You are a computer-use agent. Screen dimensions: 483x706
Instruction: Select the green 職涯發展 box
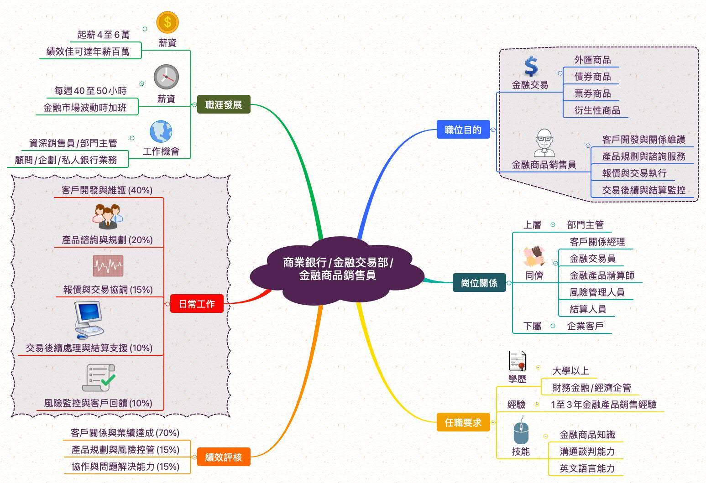(224, 105)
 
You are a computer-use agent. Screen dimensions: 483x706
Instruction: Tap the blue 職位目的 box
(463, 130)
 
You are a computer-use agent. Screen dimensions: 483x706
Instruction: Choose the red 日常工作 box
(197, 304)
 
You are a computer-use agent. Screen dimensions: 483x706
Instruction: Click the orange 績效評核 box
(224, 457)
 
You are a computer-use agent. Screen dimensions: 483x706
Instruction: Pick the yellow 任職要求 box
(463, 423)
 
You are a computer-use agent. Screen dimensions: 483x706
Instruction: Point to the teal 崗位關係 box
(479, 283)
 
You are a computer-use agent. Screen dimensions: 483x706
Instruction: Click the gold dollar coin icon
(167, 22)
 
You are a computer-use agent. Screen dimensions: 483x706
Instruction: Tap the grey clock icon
(166, 77)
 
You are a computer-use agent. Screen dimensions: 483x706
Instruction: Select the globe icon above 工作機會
(161, 132)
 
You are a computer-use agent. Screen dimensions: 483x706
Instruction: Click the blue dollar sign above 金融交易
(530, 67)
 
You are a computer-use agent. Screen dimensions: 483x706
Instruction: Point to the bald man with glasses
(544, 142)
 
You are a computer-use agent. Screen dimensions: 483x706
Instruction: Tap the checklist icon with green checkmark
(98, 378)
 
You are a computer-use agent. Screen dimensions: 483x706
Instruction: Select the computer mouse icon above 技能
(521, 432)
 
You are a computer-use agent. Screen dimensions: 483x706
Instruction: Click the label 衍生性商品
(597, 110)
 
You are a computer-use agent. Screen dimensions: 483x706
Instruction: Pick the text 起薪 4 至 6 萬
(104, 35)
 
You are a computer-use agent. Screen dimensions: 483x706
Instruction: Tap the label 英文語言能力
(587, 468)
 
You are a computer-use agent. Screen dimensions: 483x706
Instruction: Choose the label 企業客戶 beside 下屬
(585, 326)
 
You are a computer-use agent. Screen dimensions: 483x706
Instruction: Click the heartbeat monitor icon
(108, 265)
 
